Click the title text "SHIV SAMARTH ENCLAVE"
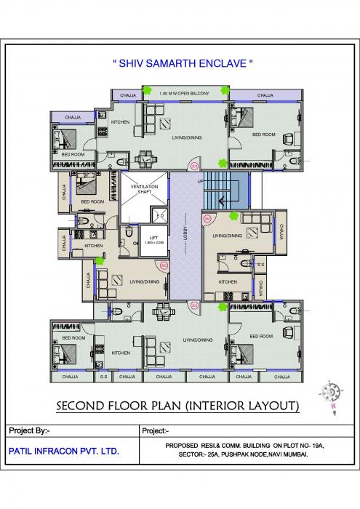click(183, 65)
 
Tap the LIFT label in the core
click(154, 238)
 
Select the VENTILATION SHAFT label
click(144, 189)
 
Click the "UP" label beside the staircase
click(200, 181)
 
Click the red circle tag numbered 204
click(207, 219)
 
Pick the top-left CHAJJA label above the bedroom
click(73, 116)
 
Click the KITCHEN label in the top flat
click(121, 121)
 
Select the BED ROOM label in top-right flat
click(263, 135)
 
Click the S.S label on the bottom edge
click(103, 377)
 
